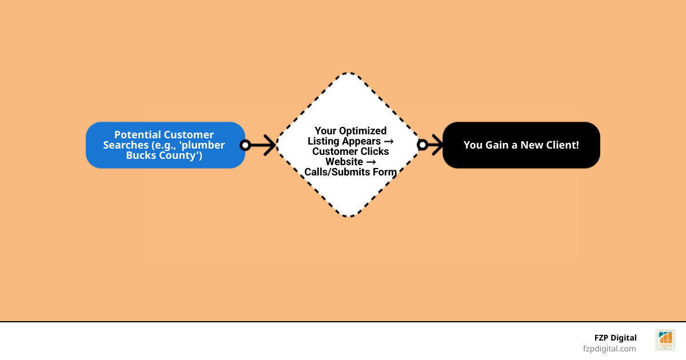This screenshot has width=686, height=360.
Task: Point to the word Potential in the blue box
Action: click(x=138, y=135)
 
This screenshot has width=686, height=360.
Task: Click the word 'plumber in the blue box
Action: click(x=203, y=145)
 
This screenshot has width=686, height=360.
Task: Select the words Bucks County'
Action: click(x=164, y=155)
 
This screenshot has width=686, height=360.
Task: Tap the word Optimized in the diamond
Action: click(x=364, y=131)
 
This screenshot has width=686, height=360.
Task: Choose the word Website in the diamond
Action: click(x=344, y=162)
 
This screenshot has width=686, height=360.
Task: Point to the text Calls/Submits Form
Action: click(x=350, y=172)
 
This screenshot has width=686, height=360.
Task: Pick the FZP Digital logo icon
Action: click(x=665, y=340)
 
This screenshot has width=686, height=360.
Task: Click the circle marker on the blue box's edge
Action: click(x=245, y=145)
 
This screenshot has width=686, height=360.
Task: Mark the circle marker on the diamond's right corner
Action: click(x=422, y=145)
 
